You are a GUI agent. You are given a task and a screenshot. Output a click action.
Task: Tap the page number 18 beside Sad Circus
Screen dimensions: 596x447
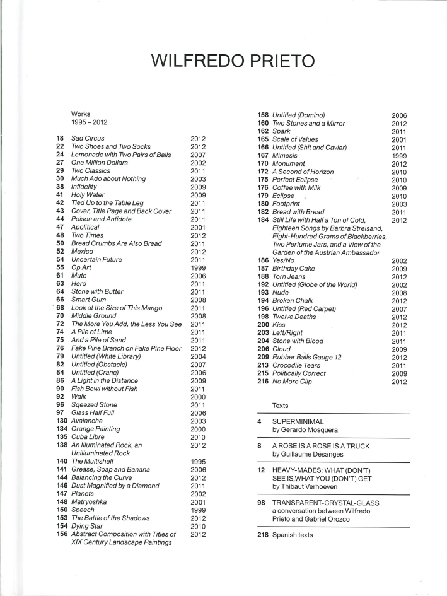pyautogui.click(x=60, y=138)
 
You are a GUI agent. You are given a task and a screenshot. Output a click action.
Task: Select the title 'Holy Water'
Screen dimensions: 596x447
pyautogui.click(x=88, y=195)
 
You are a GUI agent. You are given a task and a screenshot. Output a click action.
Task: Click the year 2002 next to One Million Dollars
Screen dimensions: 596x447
pyautogui.click(x=198, y=163)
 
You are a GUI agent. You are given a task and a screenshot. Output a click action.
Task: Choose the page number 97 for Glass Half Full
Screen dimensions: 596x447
pyautogui.click(x=60, y=412)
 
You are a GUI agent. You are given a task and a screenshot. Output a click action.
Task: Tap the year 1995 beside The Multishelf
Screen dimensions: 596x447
pyautogui.click(x=198, y=462)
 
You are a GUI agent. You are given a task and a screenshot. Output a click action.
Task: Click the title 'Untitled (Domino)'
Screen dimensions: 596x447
pyautogui.click(x=298, y=115)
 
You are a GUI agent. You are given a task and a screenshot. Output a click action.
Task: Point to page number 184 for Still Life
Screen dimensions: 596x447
pyautogui.click(x=263, y=220)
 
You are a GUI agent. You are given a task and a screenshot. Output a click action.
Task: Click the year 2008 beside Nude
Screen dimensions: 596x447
pyautogui.click(x=400, y=293)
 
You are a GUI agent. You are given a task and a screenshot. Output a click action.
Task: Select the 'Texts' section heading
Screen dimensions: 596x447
pyautogui.click(x=281, y=404)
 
